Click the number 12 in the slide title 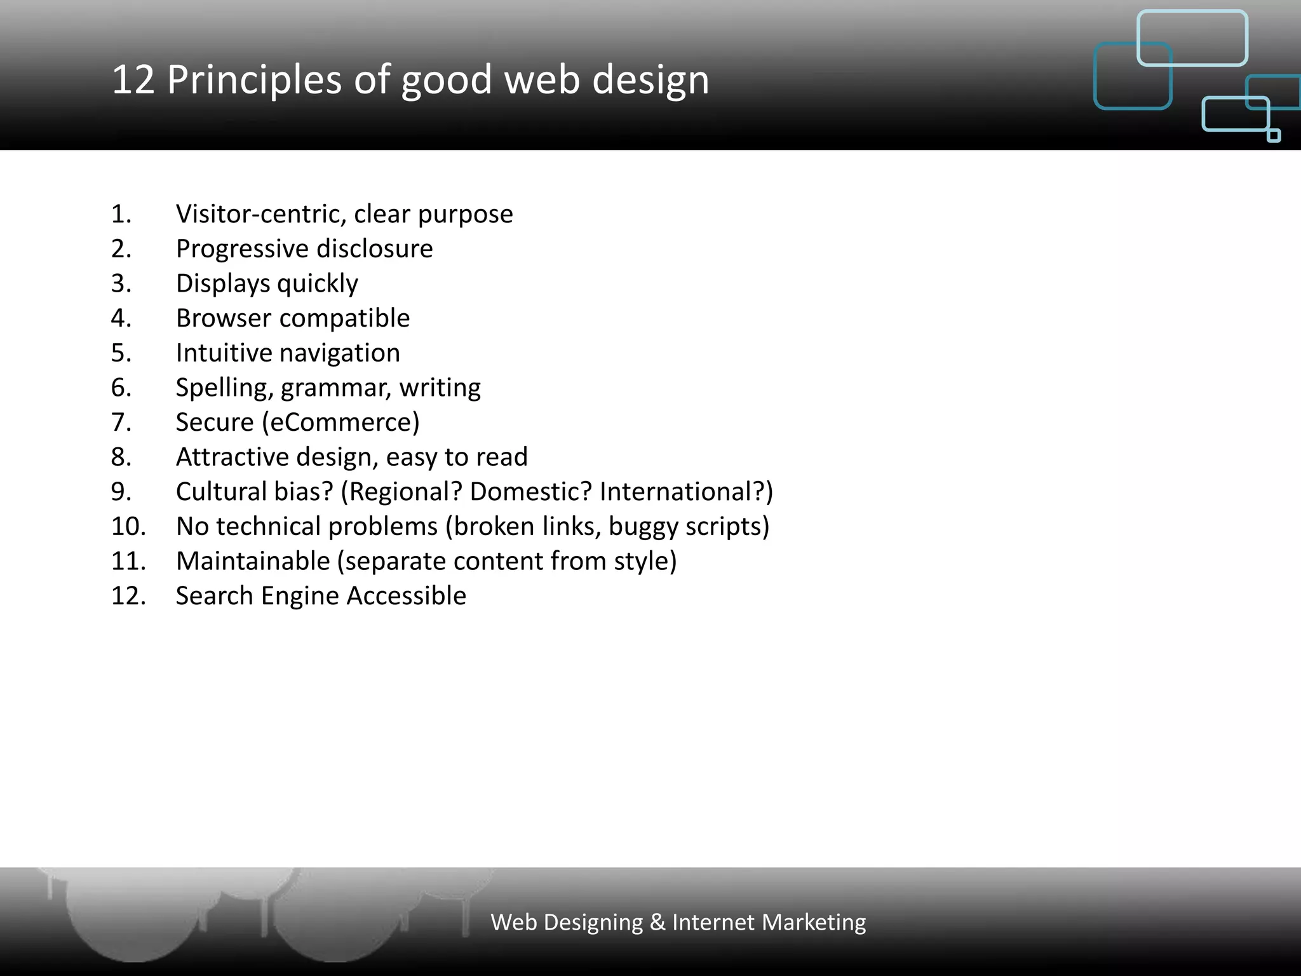133,80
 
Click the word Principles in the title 254,80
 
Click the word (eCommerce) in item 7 340,423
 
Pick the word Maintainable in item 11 253,562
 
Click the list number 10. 128,527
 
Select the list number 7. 121,423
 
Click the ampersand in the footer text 657,923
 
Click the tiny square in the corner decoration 1274,135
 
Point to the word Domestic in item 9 530,492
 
